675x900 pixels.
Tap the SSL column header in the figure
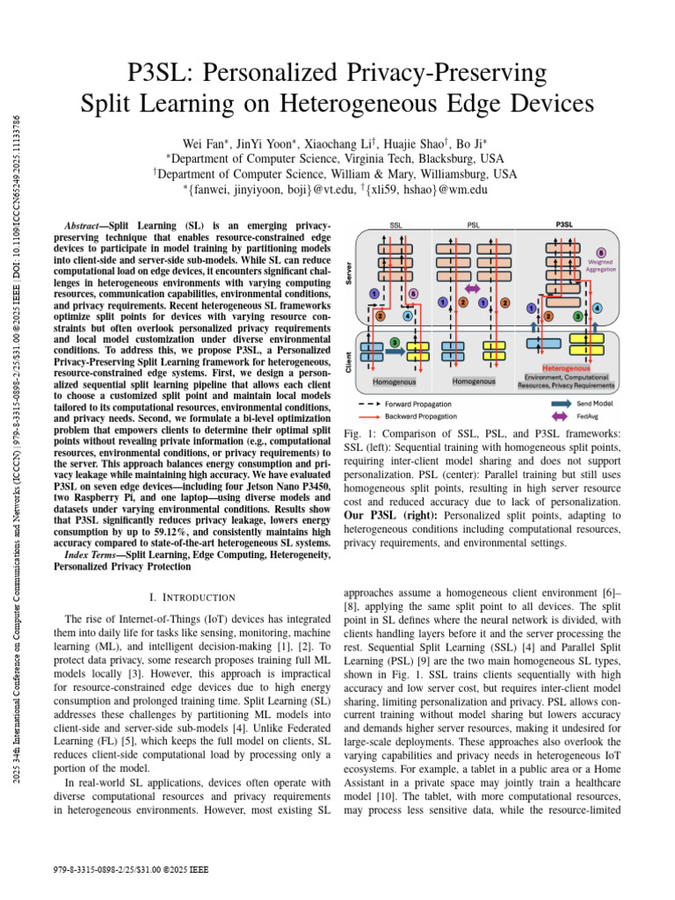click(396, 225)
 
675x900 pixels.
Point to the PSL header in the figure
click(473, 225)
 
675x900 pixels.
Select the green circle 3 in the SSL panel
click(395, 341)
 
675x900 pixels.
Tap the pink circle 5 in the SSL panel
click(414, 294)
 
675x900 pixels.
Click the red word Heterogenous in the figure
click(566, 368)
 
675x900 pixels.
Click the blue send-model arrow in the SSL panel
click(395, 353)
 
